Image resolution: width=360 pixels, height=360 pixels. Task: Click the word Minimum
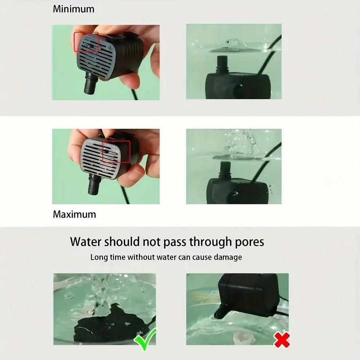[74, 9]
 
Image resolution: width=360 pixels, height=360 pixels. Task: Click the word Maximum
[74, 214]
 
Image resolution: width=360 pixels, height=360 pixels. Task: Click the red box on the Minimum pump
[86, 41]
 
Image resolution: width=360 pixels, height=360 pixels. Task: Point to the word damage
[227, 257]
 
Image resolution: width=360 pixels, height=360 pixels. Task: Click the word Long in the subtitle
[99, 257]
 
